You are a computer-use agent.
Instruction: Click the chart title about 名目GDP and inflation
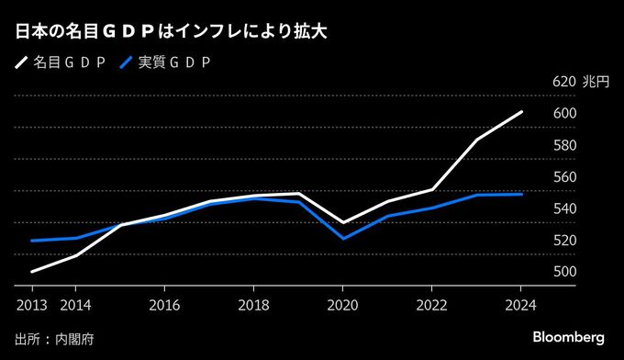point(172,31)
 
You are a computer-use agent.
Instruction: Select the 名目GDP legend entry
point(62,62)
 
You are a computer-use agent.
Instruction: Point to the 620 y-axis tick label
point(563,82)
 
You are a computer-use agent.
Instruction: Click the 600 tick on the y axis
point(563,114)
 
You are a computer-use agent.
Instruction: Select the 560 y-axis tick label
point(563,177)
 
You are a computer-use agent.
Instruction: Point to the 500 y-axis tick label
point(563,273)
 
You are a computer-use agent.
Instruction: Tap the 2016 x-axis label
point(164,303)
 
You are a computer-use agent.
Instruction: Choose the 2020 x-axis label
point(343,303)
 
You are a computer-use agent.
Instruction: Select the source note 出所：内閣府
point(55,338)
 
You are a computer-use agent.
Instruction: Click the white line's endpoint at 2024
point(522,112)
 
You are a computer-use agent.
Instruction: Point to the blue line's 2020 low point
point(343,239)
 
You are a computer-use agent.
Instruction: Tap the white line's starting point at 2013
point(31,272)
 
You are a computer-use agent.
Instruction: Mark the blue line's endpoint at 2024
point(522,194)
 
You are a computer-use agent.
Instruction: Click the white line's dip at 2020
point(343,223)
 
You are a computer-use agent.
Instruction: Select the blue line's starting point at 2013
point(31,241)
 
